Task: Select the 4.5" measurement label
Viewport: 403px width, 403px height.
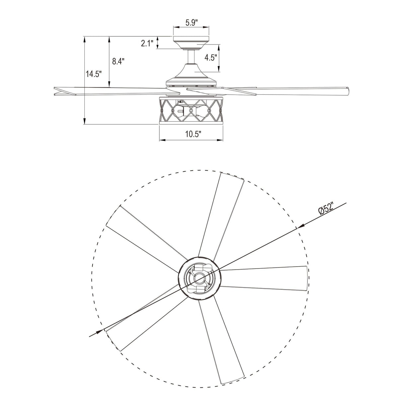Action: (x=211, y=57)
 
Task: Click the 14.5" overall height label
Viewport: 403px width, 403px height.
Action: (x=94, y=74)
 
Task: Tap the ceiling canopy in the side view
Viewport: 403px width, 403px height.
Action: (x=191, y=41)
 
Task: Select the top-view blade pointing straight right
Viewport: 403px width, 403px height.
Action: (x=266, y=278)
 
